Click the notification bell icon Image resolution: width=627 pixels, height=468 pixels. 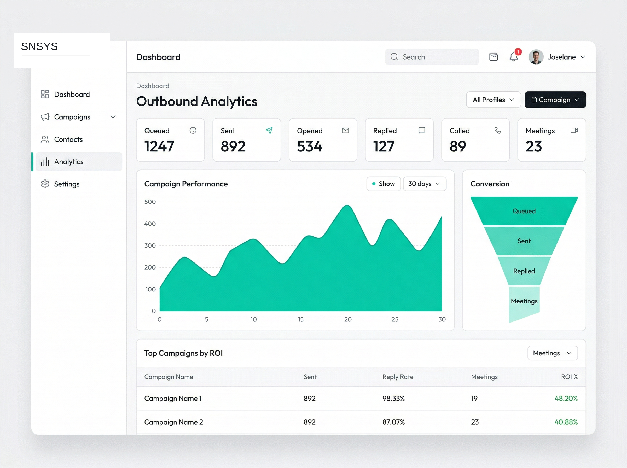tap(513, 57)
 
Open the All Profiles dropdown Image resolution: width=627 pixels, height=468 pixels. tap(493, 100)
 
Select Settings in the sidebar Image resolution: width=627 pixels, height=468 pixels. tap(67, 184)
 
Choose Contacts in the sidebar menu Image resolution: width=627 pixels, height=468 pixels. tap(68, 139)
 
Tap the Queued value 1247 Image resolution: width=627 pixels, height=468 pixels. tap(159, 147)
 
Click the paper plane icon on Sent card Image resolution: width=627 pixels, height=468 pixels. tap(269, 130)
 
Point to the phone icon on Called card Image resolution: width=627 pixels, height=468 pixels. tap(498, 130)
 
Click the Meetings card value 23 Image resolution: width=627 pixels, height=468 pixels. tap(534, 147)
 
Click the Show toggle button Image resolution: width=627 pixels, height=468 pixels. tap(383, 184)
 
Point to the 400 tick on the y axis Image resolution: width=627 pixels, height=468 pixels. tap(150, 224)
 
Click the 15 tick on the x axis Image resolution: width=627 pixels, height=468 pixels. tap(301, 320)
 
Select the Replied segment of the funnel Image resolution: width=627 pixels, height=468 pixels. tap(524, 271)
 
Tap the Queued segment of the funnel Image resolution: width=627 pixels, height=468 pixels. tap(524, 211)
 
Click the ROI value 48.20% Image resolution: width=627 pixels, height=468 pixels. tap(566, 399)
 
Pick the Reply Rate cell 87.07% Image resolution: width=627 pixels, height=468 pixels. tap(393, 422)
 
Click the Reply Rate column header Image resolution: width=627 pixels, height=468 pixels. tap(398, 377)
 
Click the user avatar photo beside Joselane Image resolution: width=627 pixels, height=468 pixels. tap(536, 57)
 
